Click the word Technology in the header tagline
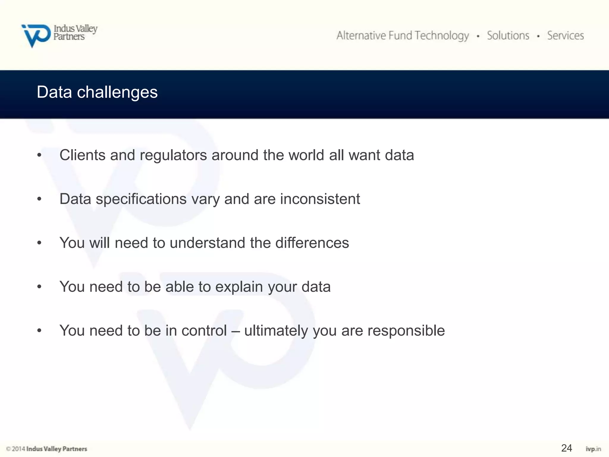click(442, 36)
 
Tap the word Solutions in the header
click(508, 35)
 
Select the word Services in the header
click(566, 35)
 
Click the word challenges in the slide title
click(117, 92)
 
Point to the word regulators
click(173, 155)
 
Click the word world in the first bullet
click(306, 155)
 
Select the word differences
click(312, 243)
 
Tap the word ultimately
click(276, 331)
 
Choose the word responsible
click(406, 331)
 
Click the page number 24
click(566, 448)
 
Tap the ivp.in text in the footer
click(593, 449)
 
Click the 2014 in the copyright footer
click(18, 449)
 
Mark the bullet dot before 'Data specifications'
click(39, 199)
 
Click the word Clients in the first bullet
click(82, 155)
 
